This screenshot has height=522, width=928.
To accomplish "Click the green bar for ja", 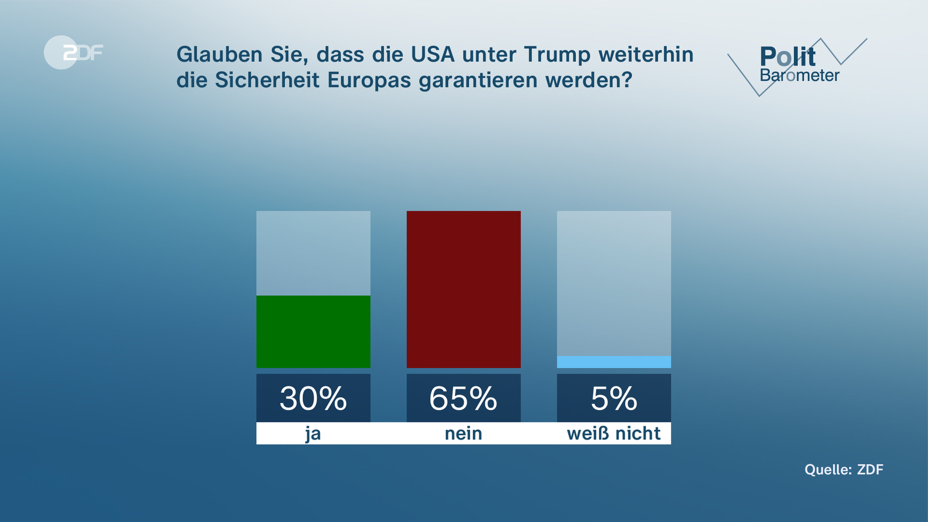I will click(313, 332).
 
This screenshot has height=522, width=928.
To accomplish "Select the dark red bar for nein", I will click(464, 289).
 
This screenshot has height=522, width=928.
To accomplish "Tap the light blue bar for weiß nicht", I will click(614, 362).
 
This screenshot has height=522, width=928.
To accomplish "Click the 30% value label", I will click(313, 398).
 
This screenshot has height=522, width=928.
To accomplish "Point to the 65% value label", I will click(464, 398).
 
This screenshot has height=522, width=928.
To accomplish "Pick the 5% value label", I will click(614, 398).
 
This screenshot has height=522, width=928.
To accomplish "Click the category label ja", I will click(313, 434).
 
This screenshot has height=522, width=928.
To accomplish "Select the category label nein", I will click(464, 434).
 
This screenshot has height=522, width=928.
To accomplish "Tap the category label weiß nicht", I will click(614, 434).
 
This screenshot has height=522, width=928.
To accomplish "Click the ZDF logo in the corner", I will click(73, 52).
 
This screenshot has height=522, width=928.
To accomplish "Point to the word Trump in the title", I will click(557, 55).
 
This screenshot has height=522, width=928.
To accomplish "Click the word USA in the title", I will click(433, 54).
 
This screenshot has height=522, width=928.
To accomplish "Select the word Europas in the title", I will click(370, 80).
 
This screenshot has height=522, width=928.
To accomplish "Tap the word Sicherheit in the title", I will click(267, 80).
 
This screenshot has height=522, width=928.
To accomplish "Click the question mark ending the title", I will click(627, 80).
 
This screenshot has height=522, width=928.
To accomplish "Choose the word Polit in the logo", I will click(788, 57).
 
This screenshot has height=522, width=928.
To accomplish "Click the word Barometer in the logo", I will click(799, 76).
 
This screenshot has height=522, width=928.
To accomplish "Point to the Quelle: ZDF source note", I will click(844, 470).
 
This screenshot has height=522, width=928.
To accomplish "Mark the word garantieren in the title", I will click(478, 81).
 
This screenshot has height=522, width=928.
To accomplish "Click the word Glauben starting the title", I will click(219, 54).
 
